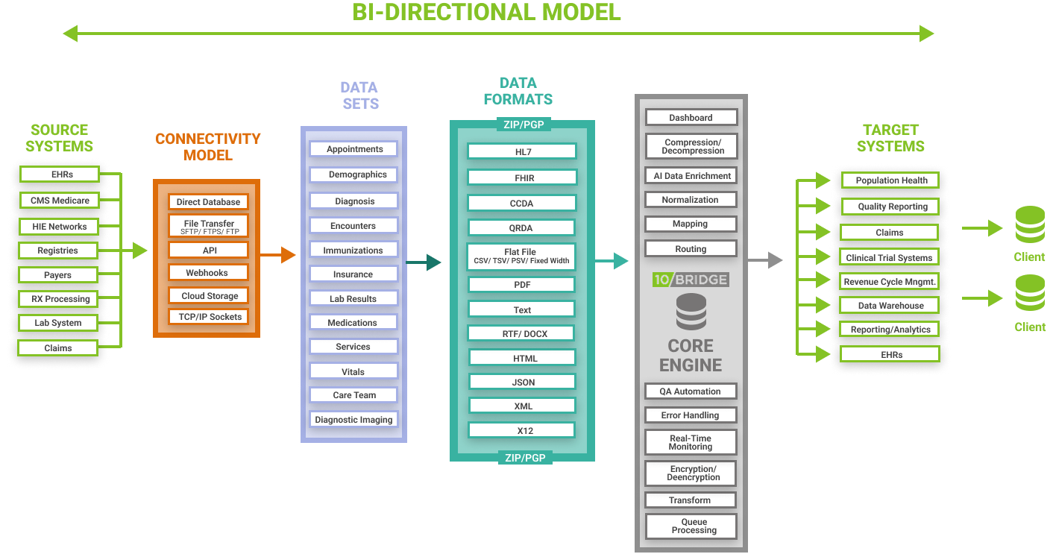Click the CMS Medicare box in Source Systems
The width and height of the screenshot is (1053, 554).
(x=60, y=200)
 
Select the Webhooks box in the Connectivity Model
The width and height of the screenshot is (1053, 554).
(x=208, y=273)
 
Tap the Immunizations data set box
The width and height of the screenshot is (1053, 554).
(x=353, y=251)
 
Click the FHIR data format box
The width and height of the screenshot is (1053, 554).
(x=522, y=178)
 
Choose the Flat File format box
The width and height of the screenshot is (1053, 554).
(x=521, y=256)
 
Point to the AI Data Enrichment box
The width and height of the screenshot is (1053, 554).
(x=691, y=176)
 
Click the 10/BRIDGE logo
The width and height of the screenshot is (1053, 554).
(x=691, y=280)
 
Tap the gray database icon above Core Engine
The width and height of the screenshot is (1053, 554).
(x=691, y=311)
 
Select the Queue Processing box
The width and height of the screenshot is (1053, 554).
(x=691, y=526)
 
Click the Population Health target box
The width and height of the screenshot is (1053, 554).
(x=890, y=180)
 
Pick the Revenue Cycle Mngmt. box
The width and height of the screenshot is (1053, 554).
(x=890, y=281)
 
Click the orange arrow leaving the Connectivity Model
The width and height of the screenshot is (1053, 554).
(x=278, y=255)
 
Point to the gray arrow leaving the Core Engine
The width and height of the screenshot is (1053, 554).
(x=765, y=259)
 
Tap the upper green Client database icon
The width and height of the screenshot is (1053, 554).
(x=1030, y=224)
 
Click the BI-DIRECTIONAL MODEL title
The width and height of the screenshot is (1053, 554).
(x=486, y=12)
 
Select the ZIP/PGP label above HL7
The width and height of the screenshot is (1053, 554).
(x=524, y=125)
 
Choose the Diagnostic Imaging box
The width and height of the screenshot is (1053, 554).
(x=353, y=420)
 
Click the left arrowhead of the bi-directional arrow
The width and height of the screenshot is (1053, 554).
(x=71, y=34)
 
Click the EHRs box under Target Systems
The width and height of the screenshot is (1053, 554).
(x=890, y=355)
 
